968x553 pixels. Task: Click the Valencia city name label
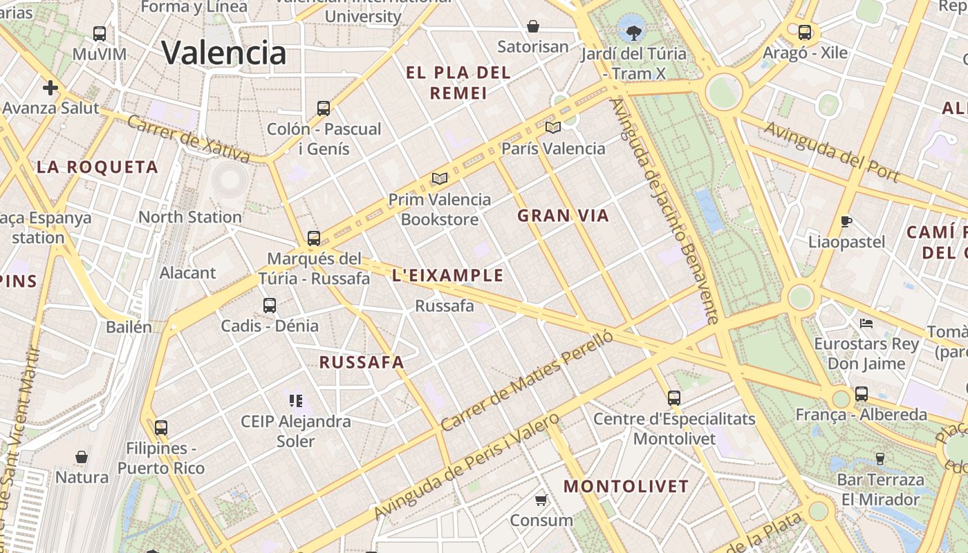(223, 53)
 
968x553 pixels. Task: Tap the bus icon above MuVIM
(100, 33)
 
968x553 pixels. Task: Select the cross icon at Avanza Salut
(50, 88)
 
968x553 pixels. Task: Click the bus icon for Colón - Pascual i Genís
(324, 108)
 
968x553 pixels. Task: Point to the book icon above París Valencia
(552, 127)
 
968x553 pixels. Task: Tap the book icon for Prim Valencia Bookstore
(439, 178)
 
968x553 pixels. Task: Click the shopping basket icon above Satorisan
(533, 26)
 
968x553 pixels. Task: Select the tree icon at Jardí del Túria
(633, 31)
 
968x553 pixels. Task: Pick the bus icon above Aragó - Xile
(805, 32)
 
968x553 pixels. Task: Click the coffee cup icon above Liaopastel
(846, 221)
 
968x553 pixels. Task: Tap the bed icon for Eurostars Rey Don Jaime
(866, 323)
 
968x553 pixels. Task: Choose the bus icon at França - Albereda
(861, 394)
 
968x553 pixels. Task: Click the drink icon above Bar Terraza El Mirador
(880, 458)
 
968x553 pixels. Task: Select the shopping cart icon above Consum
(541, 499)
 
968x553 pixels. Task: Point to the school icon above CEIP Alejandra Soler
(296, 400)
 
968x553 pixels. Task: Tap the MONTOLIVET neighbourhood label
(626, 486)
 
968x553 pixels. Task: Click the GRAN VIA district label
(563, 216)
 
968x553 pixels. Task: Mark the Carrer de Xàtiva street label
(189, 138)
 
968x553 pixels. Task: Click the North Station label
(190, 217)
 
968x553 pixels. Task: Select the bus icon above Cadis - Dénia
(270, 305)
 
